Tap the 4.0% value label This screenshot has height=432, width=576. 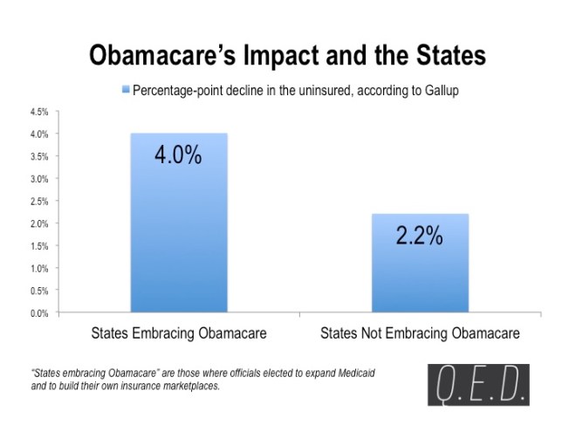[x=178, y=156]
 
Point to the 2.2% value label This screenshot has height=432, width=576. [x=420, y=236]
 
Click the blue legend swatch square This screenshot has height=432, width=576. [x=126, y=90]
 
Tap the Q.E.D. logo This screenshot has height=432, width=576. [x=477, y=385]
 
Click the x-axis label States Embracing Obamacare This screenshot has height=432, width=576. [x=178, y=334]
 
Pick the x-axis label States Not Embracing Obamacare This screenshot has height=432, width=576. [x=420, y=334]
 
